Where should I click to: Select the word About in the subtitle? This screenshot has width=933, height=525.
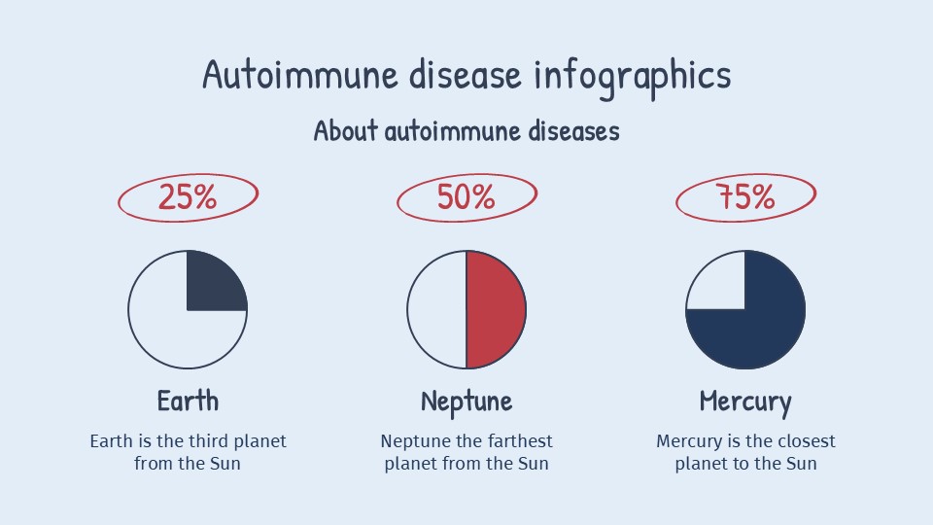pos(345,130)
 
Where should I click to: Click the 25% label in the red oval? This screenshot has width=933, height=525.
pos(188,197)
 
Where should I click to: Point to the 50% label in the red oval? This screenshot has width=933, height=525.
pos(466,197)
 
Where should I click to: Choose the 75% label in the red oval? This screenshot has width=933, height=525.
pos(745,197)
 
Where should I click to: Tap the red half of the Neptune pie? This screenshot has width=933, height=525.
pos(496,310)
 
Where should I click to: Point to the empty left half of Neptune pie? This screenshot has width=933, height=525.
pos(437,310)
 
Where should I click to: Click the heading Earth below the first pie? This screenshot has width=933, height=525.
pos(188,401)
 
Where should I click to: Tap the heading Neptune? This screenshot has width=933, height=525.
pos(466,401)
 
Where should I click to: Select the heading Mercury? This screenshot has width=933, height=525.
pos(745,402)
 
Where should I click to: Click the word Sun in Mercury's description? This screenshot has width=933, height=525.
pos(803,464)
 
